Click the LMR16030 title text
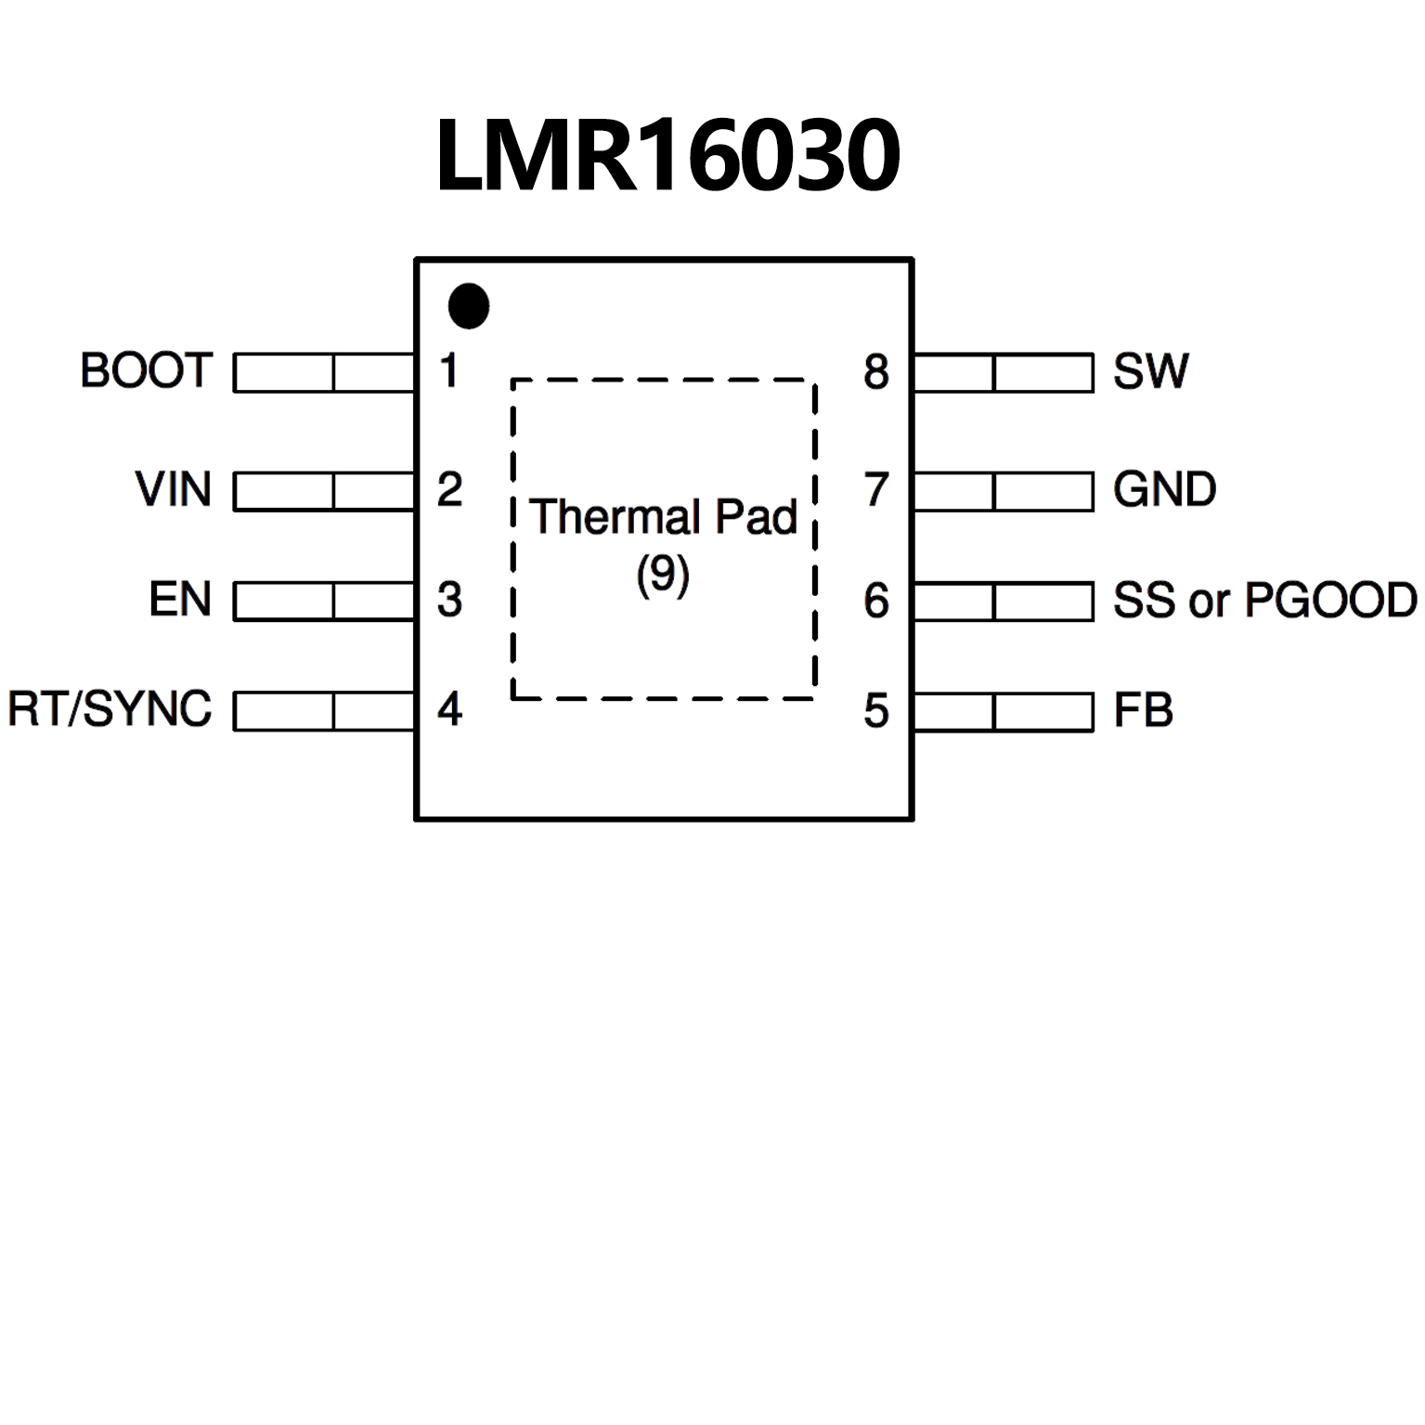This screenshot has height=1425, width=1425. [667, 155]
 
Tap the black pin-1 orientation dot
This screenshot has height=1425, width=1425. [469, 305]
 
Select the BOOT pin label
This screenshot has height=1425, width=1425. [147, 370]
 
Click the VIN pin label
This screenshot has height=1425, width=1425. [174, 489]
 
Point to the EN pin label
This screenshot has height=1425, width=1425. [180, 600]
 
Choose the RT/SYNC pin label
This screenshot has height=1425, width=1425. [110, 709]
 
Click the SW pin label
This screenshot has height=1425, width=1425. [1150, 371]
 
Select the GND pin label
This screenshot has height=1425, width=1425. [1164, 489]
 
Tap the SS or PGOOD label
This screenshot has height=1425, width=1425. [1264, 601]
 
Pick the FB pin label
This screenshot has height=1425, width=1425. [1143, 711]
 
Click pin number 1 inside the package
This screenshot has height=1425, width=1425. [449, 370]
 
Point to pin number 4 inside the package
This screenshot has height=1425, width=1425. [450, 709]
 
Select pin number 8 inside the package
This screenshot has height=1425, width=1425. [876, 371]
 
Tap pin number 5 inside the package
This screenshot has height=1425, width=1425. [876, 711]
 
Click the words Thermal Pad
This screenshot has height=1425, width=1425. [664, 517]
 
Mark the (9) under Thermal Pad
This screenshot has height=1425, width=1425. [663, 575]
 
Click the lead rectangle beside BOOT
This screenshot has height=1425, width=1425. [324, 372]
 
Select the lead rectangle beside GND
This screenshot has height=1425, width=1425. [1004, 491]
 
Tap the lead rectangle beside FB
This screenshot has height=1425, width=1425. [1004, 712]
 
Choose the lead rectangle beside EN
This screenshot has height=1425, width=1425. [324, 601]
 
